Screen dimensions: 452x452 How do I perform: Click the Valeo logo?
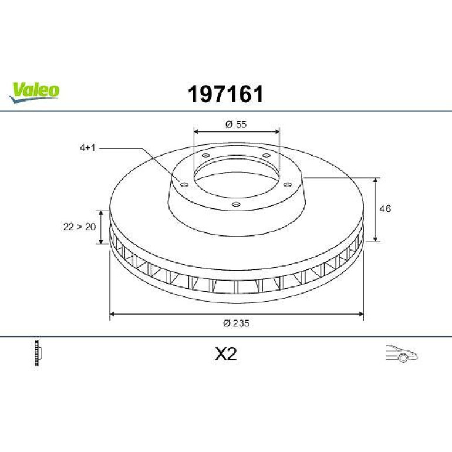(x=34, y=92)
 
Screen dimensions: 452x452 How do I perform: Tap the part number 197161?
(x=226, y=94)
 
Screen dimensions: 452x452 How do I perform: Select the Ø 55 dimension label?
(x=236, y=124)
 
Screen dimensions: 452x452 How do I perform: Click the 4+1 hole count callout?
(x=87, y=148)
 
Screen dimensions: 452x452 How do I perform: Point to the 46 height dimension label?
(x=385, y=208)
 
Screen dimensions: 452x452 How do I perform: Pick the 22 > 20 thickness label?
(x=79, y=227)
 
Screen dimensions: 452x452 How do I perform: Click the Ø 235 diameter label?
(x=236, y=323)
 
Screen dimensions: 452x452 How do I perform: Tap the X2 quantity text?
(x=226, y=354)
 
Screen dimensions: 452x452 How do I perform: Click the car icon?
(x=402, y=353)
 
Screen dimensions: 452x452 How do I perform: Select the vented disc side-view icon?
(x=38, y=353)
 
